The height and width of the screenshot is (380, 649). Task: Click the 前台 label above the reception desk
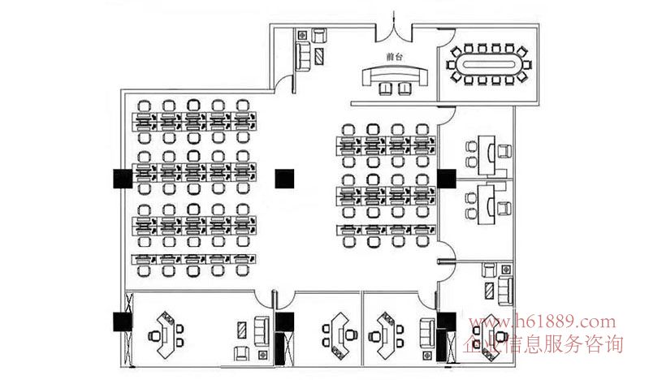(x=394, y=57)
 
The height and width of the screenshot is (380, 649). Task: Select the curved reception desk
(x=395, y=75)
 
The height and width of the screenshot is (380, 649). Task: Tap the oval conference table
(x=489, y=65)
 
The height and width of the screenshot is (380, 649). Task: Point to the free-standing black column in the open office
(x=285, y=179)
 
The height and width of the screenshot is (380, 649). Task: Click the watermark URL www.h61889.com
(x=543, y=322)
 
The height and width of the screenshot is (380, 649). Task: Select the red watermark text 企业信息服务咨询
(x=543, y=343)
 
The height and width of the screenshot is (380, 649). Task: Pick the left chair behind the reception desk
(x=385, y=89)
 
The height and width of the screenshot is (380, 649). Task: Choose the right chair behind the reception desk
(x=405, y=89)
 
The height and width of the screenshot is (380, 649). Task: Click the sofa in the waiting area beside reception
(x=303, y=55)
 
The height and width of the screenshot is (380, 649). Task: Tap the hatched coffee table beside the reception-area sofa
(x=319, y=56)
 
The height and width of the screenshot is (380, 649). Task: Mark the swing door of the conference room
(x=447, y=38)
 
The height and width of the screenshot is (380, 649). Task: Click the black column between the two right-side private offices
(x=447, y=179)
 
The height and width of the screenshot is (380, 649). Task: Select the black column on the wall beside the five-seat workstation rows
(x=123, y=179)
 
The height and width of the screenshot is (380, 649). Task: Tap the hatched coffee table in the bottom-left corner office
(x=242, y=330)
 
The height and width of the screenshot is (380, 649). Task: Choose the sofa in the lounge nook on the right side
(x=505, y=291)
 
